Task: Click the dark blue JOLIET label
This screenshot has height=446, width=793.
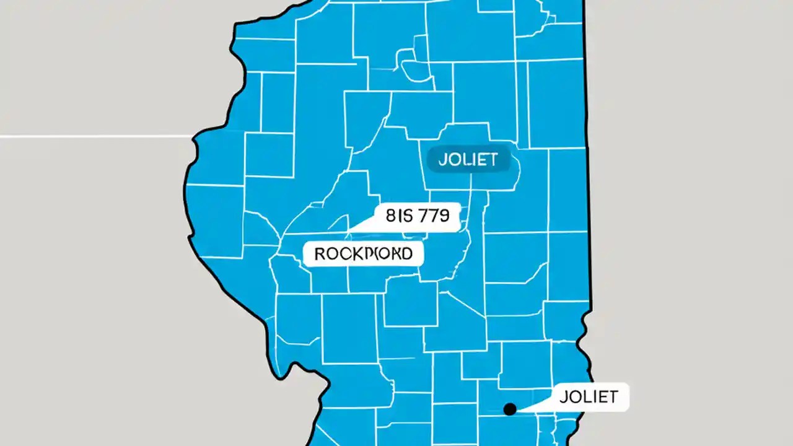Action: click(x=468, y=160)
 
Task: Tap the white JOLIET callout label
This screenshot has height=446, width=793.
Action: click(x=588, y=396)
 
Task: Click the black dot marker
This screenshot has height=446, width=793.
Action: click(x=510, y=409)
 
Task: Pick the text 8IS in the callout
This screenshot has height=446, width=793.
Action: click(x=397, y=216)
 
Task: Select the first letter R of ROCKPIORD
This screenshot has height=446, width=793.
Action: click(x=319, y=253)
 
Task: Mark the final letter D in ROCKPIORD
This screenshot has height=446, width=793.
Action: click(x=406, y=253)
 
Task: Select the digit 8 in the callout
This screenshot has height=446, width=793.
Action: click(x=390, y=216)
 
